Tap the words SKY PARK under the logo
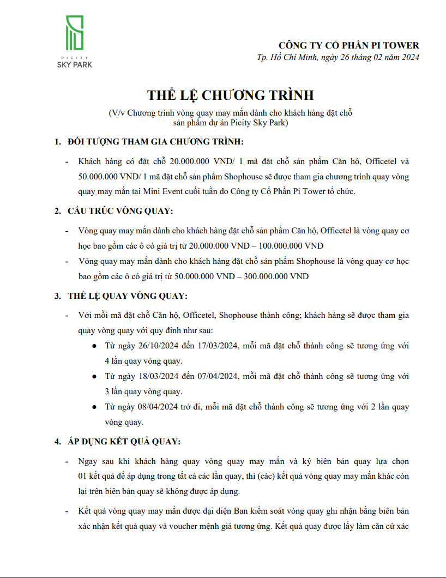point(75,65)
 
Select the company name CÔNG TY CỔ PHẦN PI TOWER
point(349,45)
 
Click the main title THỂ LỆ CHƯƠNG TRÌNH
point(231,95)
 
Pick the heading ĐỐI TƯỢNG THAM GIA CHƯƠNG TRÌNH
point(156,142)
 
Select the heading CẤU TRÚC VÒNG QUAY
point(120,211)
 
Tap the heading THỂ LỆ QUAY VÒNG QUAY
point(127,296)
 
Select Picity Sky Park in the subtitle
point(259,123)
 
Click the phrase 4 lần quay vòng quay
point(143,362)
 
